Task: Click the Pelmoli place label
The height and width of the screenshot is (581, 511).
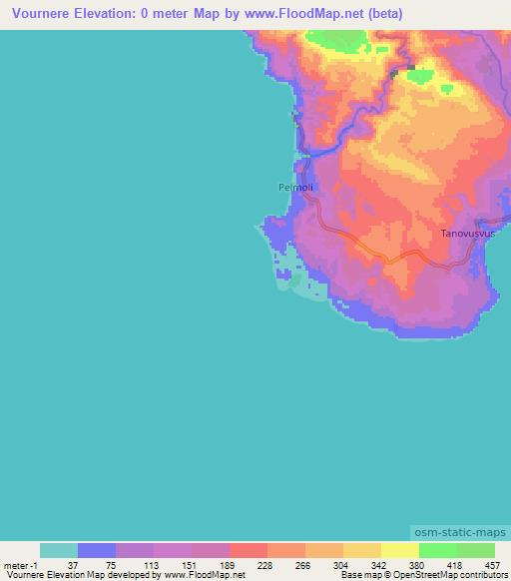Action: [x=295, y=186]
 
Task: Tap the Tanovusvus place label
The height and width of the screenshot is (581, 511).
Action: [x=465, y=234]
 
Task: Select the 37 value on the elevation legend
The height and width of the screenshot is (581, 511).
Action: [x=73, y=564]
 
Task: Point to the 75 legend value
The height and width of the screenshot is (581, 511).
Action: [x=111, y=564]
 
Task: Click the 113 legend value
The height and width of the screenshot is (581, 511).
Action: [x=149, y=564]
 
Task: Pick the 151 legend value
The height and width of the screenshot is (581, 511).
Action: [x=187, y=564]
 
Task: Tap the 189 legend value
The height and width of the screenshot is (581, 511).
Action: [x=225, y=564]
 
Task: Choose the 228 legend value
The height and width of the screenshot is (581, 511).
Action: [x=263, y=564]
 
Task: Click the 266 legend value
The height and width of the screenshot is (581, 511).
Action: [x=301, y=564]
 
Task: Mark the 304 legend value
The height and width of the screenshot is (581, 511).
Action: [x=339, y=564]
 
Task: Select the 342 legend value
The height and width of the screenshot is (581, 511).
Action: [x=377, y=564]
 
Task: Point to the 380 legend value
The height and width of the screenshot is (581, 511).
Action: [x=415, y=564]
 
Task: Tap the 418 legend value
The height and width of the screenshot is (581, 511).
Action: [x=453, y=564]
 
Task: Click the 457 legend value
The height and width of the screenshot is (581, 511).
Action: [x=490, y=564]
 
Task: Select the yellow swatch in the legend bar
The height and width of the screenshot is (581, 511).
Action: [x=399, y=550]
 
